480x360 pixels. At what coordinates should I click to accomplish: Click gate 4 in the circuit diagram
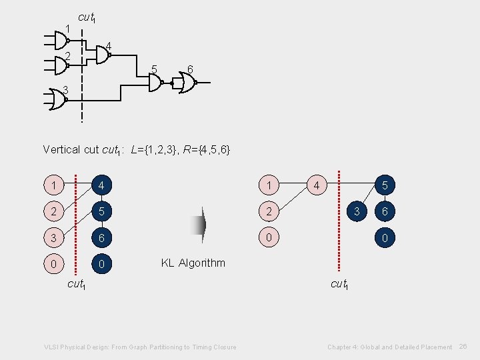pos(101,56)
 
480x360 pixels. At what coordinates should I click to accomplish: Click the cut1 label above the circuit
pos(87,17)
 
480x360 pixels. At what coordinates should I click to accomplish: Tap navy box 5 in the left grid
pos(101,212)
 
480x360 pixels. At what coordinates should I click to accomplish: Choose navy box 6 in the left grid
pos(101,238)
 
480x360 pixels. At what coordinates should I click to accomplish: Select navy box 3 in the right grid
pos(358,212)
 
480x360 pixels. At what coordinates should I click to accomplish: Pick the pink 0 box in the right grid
pos(268,238)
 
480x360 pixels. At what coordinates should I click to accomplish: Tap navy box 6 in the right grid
pos(384,212)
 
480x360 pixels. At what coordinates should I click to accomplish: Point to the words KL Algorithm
pos(193,263)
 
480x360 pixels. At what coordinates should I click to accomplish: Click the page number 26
pos(464,347)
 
